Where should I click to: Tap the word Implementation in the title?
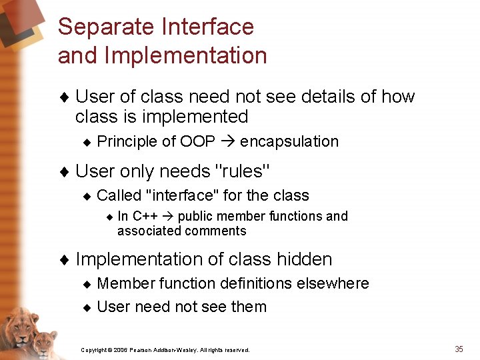185,55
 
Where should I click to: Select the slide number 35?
459,349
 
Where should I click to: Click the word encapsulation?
289,142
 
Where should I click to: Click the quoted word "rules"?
244,171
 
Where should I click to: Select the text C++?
145,216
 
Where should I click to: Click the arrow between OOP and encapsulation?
227,142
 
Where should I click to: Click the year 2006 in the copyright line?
120,350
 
